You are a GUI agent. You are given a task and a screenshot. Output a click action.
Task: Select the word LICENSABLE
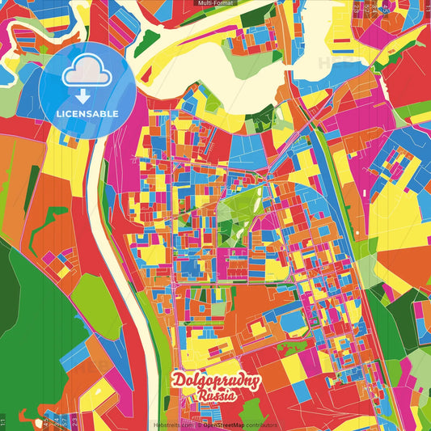click(x=87, y=114)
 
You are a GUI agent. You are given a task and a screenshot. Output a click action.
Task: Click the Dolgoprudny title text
click(x=215, y=382)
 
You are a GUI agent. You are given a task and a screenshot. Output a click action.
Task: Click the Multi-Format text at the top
click(x=215, y=4)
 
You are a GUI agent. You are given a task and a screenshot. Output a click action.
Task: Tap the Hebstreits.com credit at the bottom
click(x=172, y=425)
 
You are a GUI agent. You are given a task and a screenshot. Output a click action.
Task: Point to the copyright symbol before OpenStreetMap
click(x=199, y=425)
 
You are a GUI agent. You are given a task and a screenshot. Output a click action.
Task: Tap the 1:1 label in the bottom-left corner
click(x=4, y=420)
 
